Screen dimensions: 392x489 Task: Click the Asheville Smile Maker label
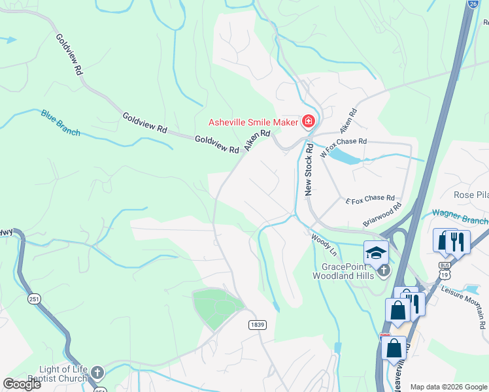click(254, 122)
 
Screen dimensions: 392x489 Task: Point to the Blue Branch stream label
click(60, 123)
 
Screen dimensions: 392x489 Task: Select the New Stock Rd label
click(309, 171)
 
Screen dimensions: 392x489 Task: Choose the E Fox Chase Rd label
click(370, 198)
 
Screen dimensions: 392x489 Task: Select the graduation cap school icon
click(376, 252)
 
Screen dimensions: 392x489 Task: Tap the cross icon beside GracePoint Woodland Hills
click(383, 269)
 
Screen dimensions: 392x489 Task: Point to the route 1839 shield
click(258, 324)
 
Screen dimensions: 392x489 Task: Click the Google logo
click(22, 384)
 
